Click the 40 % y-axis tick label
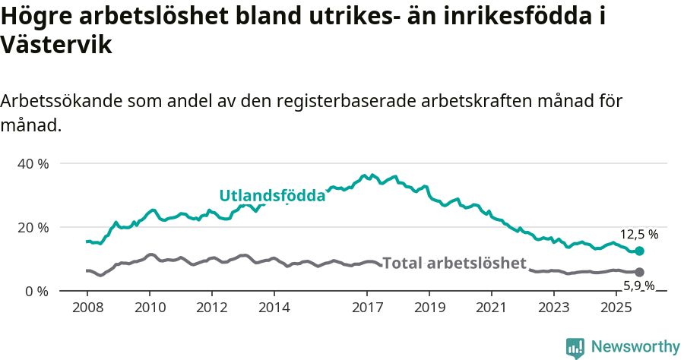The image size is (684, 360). click(x=32, y=164)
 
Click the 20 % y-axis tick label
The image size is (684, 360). click(x=32, y=228)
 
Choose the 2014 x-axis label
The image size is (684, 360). click(x=274, y=308)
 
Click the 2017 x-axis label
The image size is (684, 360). click(x=367, y=308)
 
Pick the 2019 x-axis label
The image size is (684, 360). click(x=429, y=308)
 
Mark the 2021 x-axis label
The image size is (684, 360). click(x=492, y=308)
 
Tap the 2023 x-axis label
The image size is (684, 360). click(x=554, y=308)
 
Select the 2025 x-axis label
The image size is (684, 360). click(x=616, y=308)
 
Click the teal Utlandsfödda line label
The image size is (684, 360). click(x=272, y=196)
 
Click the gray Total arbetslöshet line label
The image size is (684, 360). click(x=454, y=264)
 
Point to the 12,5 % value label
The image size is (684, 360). click(x=639, y=235)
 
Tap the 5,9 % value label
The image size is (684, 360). click(x=639, y=286)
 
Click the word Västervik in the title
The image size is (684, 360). click(x=57, y=46)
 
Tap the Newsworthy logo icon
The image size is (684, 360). click(x=575, y=348)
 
